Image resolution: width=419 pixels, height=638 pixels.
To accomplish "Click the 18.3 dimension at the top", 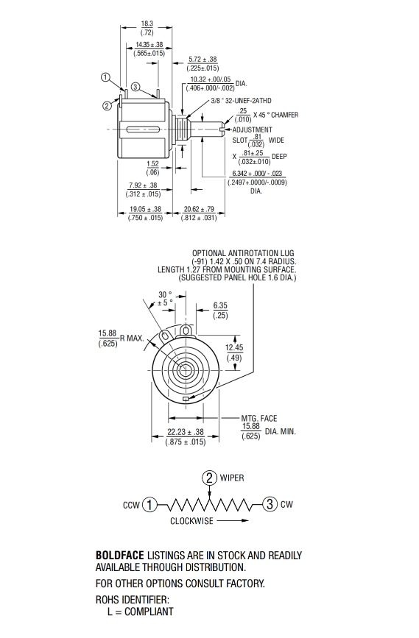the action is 147,24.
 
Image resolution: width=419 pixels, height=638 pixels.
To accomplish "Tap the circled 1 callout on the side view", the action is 105,77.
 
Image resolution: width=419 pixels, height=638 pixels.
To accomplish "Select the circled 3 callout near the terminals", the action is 135,87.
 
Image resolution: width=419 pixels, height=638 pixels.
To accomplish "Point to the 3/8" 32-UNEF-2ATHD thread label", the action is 241,101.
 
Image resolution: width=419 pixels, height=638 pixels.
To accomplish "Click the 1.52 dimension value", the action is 152,164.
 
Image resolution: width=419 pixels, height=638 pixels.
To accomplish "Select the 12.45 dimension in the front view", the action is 234,347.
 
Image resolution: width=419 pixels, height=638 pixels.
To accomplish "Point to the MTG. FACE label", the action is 259,418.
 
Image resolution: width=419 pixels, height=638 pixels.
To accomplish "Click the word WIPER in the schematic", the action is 232,478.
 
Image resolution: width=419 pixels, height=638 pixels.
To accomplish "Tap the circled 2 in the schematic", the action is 209,478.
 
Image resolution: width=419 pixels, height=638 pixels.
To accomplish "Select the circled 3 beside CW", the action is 270,504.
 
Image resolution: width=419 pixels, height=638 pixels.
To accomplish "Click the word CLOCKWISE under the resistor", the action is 191,521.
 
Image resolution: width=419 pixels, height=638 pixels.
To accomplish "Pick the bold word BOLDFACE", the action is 120,556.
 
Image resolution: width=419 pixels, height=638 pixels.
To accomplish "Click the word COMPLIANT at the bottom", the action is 149,612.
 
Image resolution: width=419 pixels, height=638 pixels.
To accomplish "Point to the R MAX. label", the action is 132,338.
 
